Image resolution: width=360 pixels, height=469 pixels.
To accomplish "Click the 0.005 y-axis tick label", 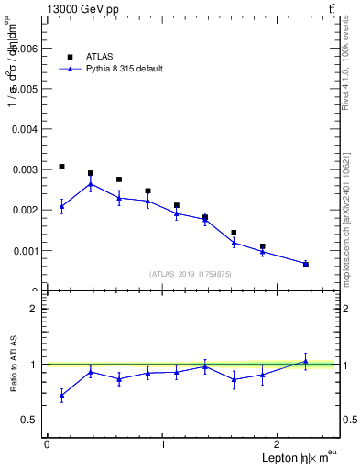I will point(23,89).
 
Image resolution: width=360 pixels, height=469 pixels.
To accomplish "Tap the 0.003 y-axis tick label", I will point(23,169).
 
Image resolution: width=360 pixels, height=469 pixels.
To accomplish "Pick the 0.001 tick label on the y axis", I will point(23,250).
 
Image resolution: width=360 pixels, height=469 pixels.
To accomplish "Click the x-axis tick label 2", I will point(279,444).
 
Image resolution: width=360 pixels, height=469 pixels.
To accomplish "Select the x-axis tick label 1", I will point(163,444).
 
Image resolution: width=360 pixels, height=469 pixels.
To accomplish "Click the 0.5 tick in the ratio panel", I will point(29,420).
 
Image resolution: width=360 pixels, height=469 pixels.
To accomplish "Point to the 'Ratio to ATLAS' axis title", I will point(12,365).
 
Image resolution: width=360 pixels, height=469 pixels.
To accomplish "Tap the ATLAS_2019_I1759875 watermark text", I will point(191,274).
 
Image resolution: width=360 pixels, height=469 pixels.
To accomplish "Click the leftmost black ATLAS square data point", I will point(61,167).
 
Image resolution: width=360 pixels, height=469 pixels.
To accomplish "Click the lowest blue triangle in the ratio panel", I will point(61,395).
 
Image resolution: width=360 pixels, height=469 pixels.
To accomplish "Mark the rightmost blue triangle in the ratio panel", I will point(306,361).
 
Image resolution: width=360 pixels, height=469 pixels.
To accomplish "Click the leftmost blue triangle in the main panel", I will point(61,206).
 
